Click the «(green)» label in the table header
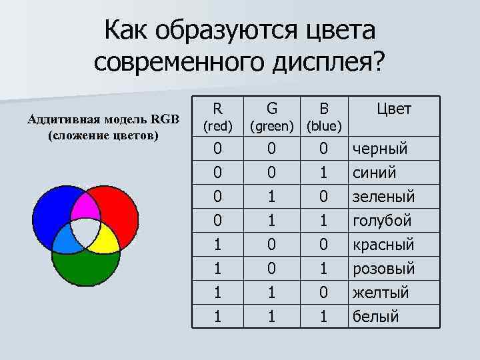point(271,125)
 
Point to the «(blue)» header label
point(323,125)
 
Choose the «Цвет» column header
point(394,109)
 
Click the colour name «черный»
point(380,148)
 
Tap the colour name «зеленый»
point(383,196)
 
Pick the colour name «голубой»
point(382,221)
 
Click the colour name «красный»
point(383,244)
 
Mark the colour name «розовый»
point(383,268)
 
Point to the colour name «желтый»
point(380,292)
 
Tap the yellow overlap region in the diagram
point(105,238)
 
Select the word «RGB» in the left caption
point(165,120)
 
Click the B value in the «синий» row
point(323,172)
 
